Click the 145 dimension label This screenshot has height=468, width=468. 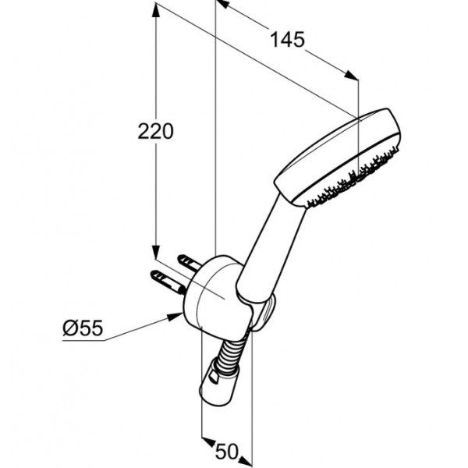point(287,40)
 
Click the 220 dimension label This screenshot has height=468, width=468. point(155,131)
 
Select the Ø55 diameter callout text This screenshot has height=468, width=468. point(83,328)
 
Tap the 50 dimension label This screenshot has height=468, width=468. point(227,452)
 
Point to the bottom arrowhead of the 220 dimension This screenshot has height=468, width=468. point(155,252)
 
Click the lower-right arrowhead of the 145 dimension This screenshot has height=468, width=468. point(351,76)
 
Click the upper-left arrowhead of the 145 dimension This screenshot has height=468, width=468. point(223,5)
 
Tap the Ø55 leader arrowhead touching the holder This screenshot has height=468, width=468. point(175,317)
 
